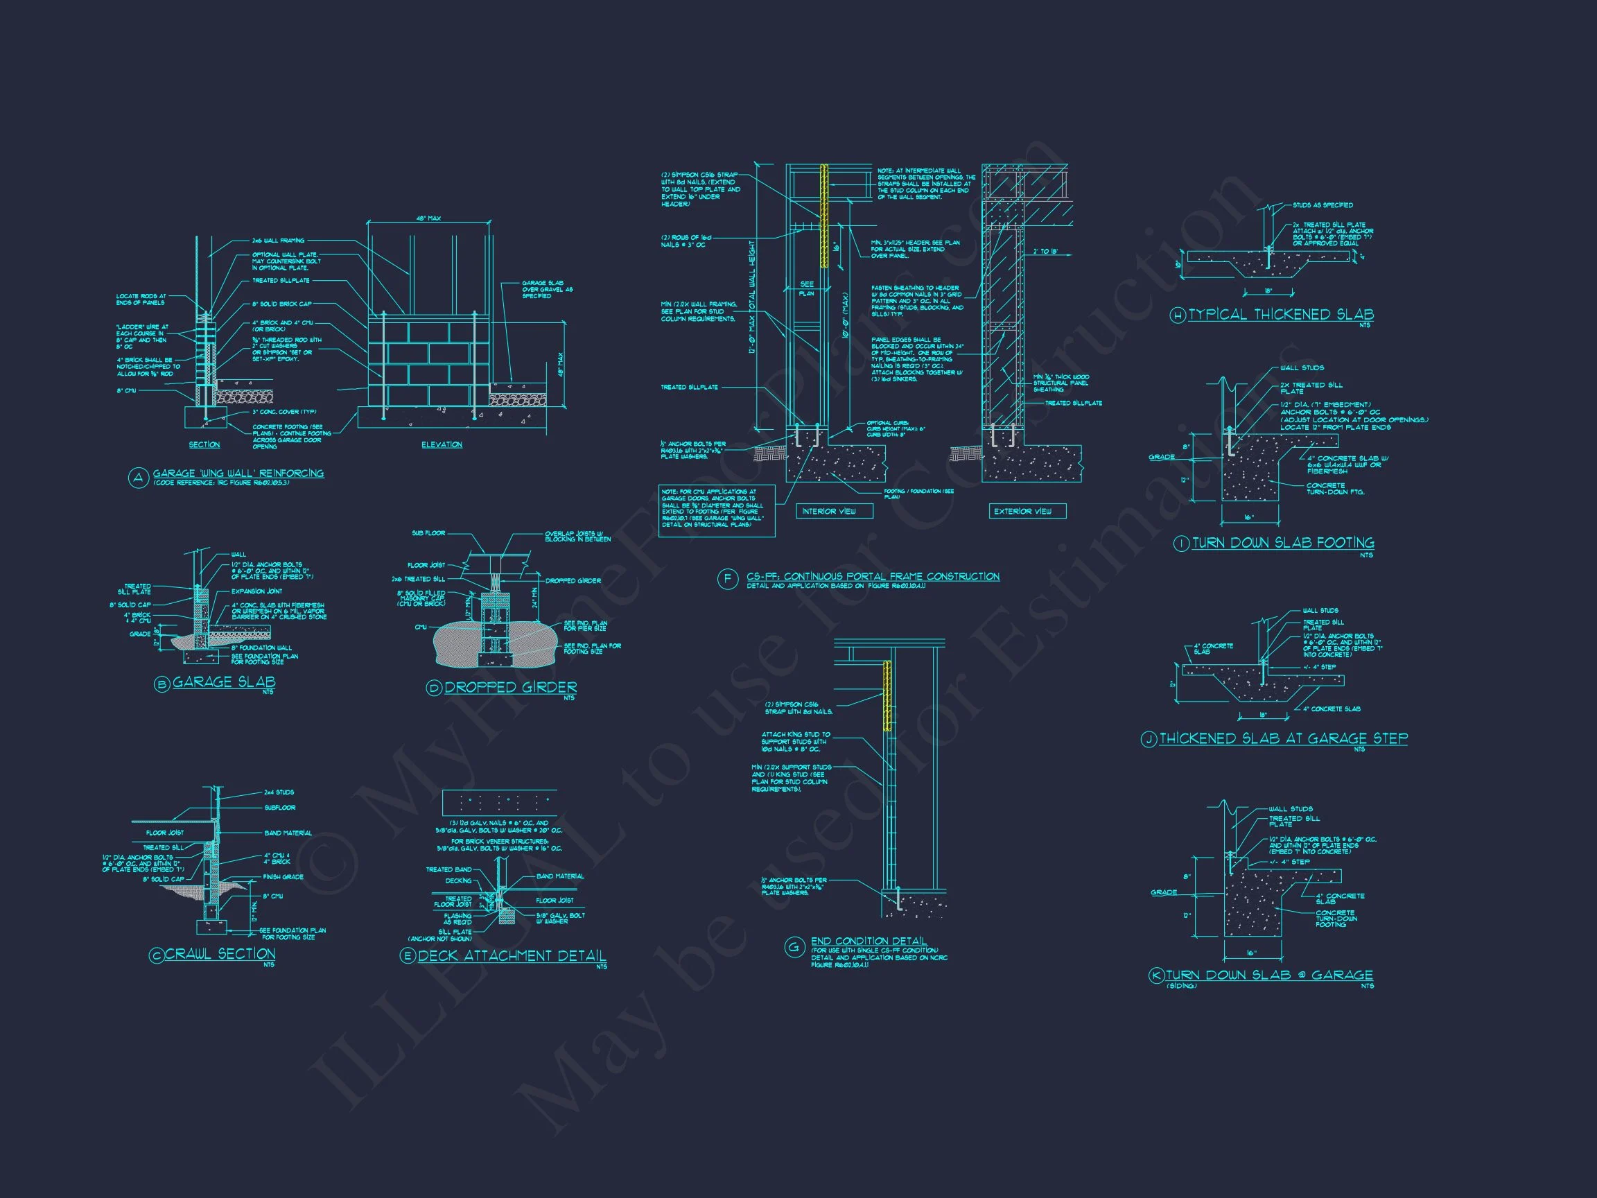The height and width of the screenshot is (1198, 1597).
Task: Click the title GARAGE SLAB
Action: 224,682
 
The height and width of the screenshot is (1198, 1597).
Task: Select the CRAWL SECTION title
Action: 220,954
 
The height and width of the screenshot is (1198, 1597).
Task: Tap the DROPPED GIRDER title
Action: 510,688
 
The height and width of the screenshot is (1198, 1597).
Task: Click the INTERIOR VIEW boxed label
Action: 829,511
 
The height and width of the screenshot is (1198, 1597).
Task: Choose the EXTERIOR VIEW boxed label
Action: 1023,511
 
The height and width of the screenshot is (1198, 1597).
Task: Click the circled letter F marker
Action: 727,579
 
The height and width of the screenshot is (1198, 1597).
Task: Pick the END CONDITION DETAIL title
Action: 869,941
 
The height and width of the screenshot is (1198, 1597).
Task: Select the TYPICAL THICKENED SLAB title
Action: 1281,315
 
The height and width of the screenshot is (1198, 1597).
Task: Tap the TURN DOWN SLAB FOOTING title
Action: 1283,543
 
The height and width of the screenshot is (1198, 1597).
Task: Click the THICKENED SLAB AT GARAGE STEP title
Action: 1284,739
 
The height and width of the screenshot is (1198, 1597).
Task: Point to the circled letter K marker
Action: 1156,975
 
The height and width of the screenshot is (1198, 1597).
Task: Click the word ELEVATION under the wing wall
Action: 442,445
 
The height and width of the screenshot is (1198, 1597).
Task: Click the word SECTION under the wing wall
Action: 204,445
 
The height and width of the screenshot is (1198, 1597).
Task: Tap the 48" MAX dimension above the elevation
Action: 428,218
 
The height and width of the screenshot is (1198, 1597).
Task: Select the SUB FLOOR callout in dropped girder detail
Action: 428,533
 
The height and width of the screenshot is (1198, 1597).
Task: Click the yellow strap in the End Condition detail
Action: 887,697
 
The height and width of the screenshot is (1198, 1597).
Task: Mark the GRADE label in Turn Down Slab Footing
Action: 1162,457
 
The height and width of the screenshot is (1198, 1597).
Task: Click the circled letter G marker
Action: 795,948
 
